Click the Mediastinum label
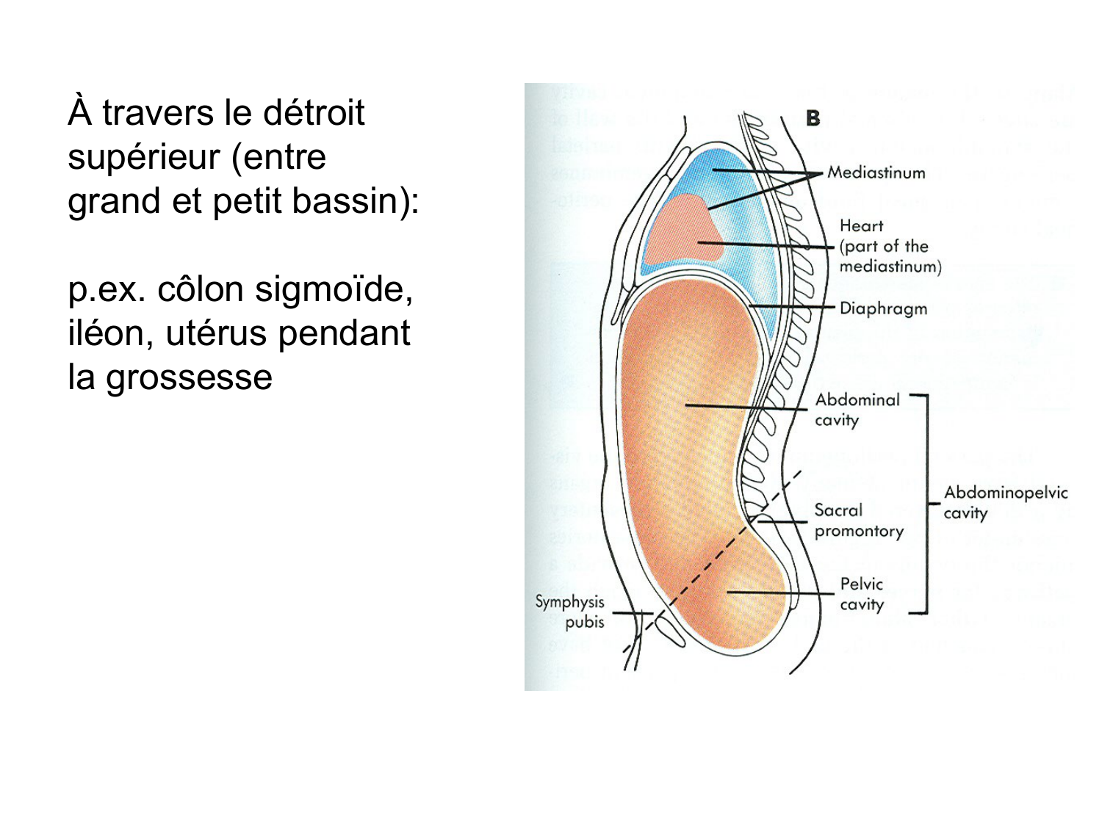pyautogui.click(x=876, y=173)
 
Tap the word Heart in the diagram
pyautogui.click(x=861, y=226)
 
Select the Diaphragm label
pyautogui.click(x=883, y=308)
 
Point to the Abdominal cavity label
pyautogui.click(x=857, y=410)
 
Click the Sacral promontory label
pyautogui.click(x=858, y=521)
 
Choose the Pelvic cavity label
pyautogui.click(x=861, y=594)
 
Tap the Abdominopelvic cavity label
pyautogui.click(x=1004, y=502)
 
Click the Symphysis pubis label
pyautogui.click(x=570, y=612)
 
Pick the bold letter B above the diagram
pyautogui.click(x=813, y=118)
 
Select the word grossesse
pyautogui.click(x=189, y=378)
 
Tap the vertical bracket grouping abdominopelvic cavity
pyautogui.click(x=926, y=504)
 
